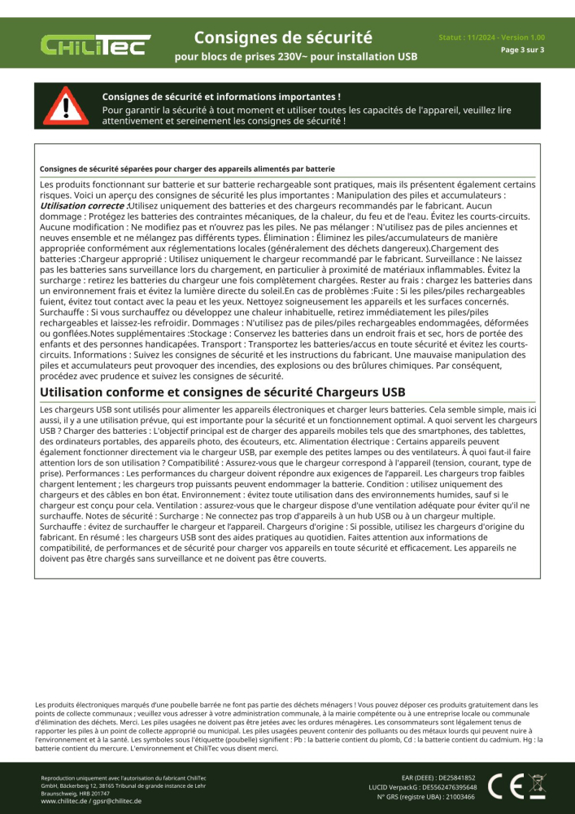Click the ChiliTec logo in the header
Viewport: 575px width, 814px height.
coord(95,46)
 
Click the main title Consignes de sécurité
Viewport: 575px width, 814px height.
coord(283,37)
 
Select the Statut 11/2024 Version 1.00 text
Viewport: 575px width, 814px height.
coord(491,37)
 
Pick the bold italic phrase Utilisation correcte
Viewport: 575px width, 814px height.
coord(83,207)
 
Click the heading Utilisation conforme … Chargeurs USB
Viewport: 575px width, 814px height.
coord(222,392)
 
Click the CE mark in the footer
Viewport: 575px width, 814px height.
coord(502,786)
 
